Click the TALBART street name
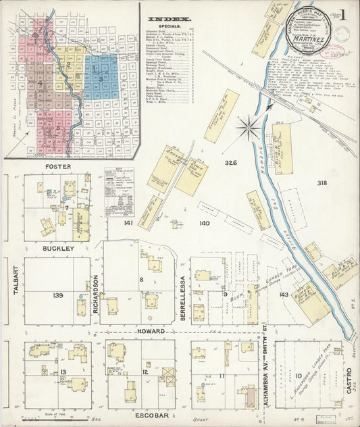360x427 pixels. coord(14,291)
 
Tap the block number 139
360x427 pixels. coord(58,295)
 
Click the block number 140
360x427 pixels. coord(204,223)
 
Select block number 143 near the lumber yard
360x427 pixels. coord(284,294)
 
